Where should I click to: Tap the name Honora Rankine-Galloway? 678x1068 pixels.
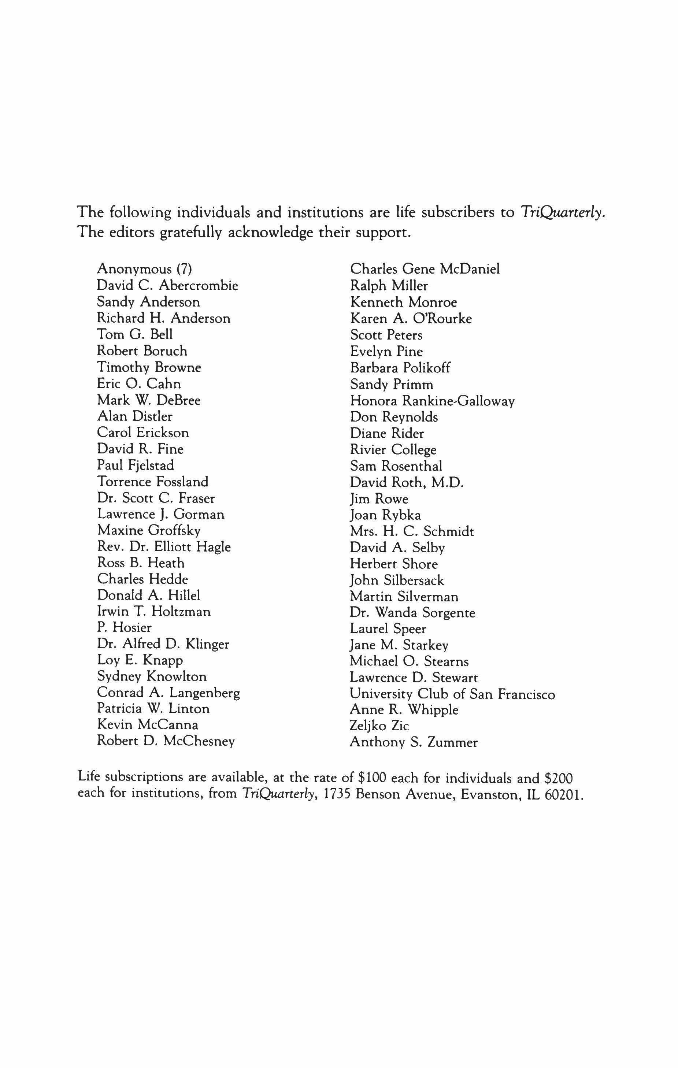pyautogui.click(x=432, y=401)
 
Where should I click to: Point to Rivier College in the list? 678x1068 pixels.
pyautogui.click(x=393, y=450)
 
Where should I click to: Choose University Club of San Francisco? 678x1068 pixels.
pyautogui.click(x=452, y=694)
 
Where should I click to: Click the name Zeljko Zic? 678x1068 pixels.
pyautogui.click(x=379, y=726)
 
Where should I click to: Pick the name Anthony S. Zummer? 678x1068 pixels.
pyautogui.click(x=413, y=742)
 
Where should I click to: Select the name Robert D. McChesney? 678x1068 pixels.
pyautogui.click(x=166, y=741)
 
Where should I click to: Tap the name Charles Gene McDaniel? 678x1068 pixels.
pyautogui.click(x=425, y=269)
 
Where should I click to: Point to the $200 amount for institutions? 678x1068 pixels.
pyautogui.click(x=559, y=778)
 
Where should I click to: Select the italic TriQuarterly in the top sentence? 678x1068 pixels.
pyautogui.click(x=562, y=212)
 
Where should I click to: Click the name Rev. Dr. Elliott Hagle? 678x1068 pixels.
pyautogui.click(x=164, y=546)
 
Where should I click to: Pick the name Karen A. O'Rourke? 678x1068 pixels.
pyautogui.click(x=411, y=318)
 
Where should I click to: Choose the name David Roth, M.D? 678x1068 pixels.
pyautogui.click(x=406, y=482)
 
